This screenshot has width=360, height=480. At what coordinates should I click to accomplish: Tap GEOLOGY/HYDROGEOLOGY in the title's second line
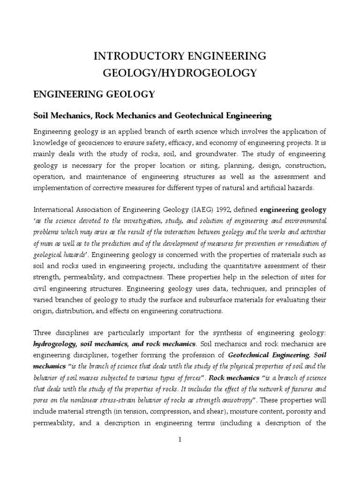[x=180, y=73]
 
